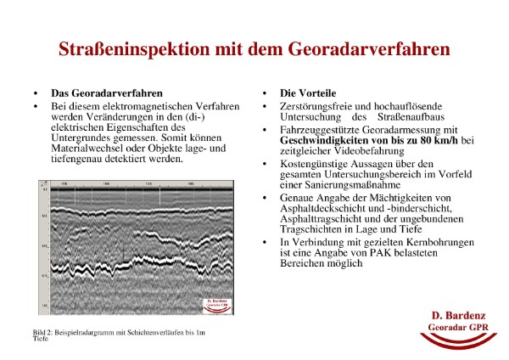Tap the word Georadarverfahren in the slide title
pos(370,49)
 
